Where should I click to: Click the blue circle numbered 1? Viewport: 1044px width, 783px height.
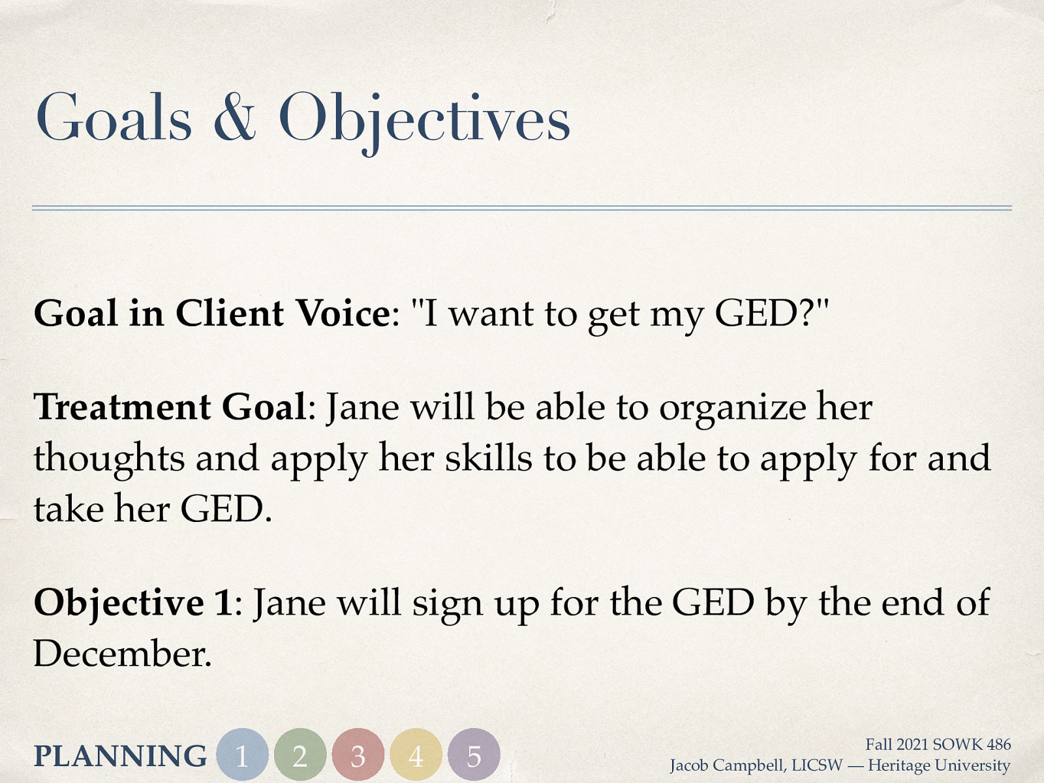pos(242,755)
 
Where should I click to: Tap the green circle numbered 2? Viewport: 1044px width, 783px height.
pos(300,755)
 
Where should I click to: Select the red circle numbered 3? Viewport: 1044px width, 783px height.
pos(358,755)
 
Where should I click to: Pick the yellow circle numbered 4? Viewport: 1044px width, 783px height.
pos(416,755)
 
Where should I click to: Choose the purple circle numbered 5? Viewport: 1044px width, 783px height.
pos(474,755)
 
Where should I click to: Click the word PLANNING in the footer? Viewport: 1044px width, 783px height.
pos(120,756)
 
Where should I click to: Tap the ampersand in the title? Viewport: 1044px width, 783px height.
pos(234,117)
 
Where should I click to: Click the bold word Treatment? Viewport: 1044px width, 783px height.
pos(123,407)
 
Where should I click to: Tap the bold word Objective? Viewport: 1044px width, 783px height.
pos(119,602)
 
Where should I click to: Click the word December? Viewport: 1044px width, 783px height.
pos(123,653)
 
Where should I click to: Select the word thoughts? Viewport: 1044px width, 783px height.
pos(110,459)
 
